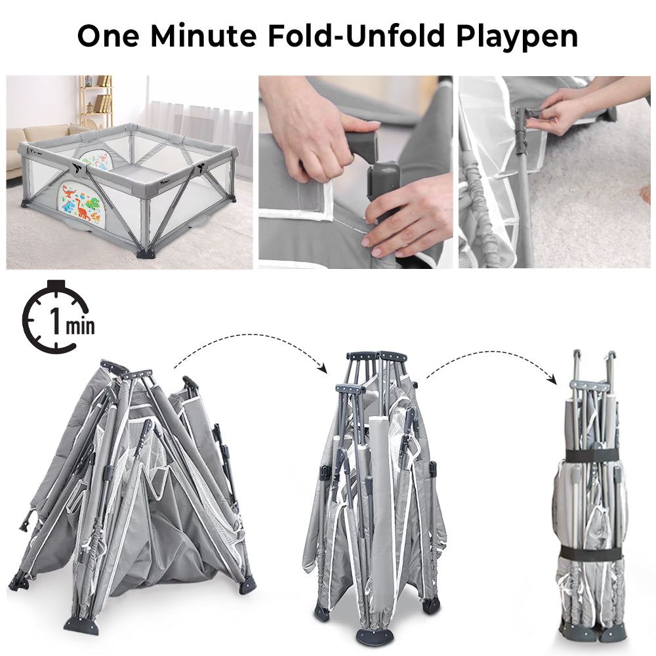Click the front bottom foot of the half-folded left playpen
point(82,625)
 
